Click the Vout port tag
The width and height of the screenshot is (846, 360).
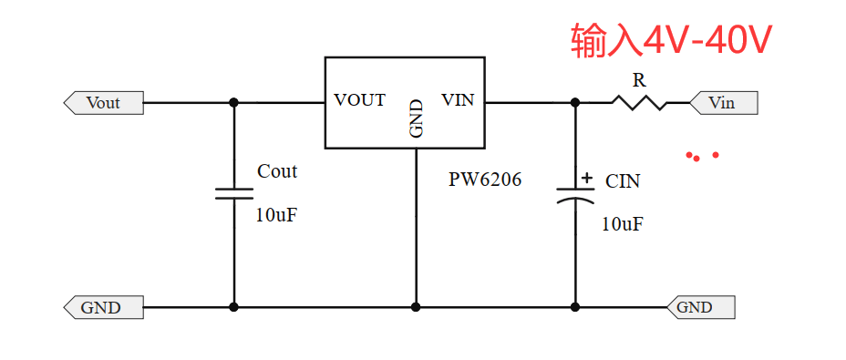(x=103, y=103)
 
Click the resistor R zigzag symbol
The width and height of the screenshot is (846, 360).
(x=638, y=103)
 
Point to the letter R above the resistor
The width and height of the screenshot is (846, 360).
(x=639, y=80)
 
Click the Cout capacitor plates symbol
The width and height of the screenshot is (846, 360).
(x=233, y=193)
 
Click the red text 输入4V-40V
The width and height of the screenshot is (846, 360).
(x=672, y=41)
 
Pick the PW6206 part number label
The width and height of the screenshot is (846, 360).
(x=485, y=180)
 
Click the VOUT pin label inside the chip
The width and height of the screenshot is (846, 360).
(x=359, y=100)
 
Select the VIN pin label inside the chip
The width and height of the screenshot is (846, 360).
(x=458, y=100)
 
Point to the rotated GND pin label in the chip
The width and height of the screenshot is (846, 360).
(x=416, y=118)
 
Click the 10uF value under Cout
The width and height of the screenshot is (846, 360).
(x=276, y=216)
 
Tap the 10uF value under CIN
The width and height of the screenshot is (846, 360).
(x=622, y=224)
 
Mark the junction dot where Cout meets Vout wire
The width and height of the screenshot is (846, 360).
(x=233, y=102)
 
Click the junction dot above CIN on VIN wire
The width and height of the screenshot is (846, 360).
(x=575, y=102)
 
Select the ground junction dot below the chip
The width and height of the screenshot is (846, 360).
(x=416, y=307)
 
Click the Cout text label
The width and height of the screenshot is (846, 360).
(x=277, y=171)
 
